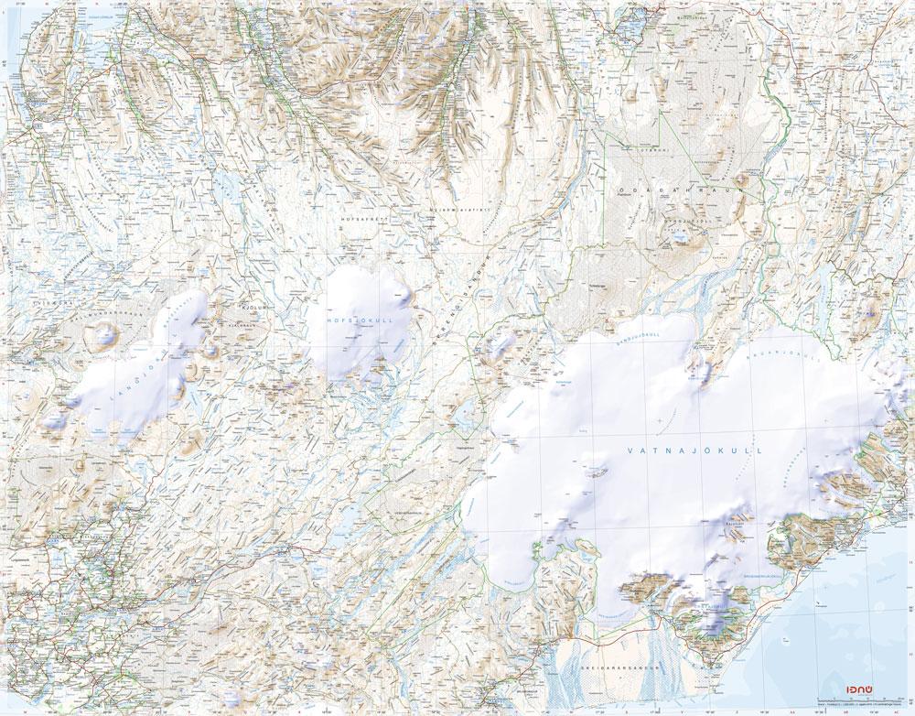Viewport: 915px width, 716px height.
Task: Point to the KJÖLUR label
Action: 250,309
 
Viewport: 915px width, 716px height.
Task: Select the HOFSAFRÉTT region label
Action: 359,220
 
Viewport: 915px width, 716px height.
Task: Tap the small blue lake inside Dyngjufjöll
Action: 680,235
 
